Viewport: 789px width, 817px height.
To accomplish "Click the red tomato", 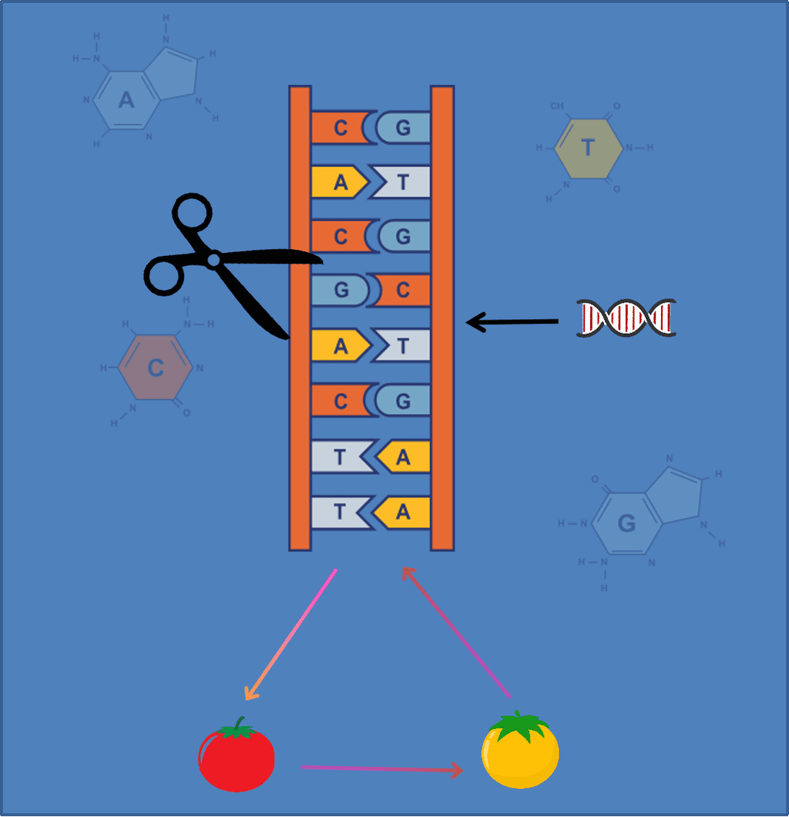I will pyautogui.click(x=237, y=759).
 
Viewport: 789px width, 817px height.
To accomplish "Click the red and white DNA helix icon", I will pyautogui.click(x=626, y=318).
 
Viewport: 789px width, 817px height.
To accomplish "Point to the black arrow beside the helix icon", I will pyautogui.click(x=512, y=321).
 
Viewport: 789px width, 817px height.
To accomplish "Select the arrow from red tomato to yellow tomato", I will pyautogui.click(x=381, y=768).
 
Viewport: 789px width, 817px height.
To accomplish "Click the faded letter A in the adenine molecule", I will pyautogui.click(x=126, y=99).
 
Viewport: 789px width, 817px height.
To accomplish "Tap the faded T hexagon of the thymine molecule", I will pyautogui.click(x=588, y=147).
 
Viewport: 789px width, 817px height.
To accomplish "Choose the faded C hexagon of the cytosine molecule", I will pyautogui.click(x=155, y=367).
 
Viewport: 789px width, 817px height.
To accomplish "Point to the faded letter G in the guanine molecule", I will pyautogui.click(x=626, y=524).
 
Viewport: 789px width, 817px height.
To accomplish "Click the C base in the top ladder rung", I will pyautogui.click(x=341, y=128).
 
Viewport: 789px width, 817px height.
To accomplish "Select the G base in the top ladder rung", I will pyautogui.click(x=403, y=128).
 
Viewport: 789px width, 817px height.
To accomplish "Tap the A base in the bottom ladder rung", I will pyautogui.click(x=402, y=512).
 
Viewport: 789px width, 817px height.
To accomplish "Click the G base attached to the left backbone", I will pyautogui.click(x=341, y=291).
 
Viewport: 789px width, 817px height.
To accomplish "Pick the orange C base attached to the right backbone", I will pyautogui.click(x=403, y=291).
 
